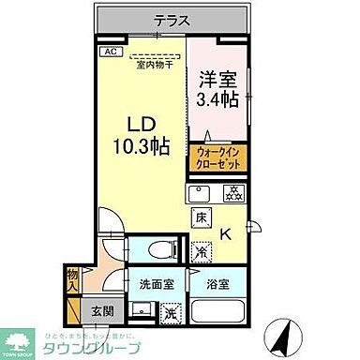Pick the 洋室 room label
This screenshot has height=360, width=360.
tap(218, 78)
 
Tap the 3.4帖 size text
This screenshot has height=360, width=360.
tap(219, 97)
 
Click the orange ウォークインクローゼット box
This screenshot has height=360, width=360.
tap(219, 159)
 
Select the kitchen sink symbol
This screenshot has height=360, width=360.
tap(199, 194)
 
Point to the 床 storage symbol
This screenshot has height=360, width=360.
tap(201, 220)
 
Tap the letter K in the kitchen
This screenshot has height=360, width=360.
tap(225, 234)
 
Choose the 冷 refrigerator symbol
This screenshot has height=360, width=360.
tap(201, 251)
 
